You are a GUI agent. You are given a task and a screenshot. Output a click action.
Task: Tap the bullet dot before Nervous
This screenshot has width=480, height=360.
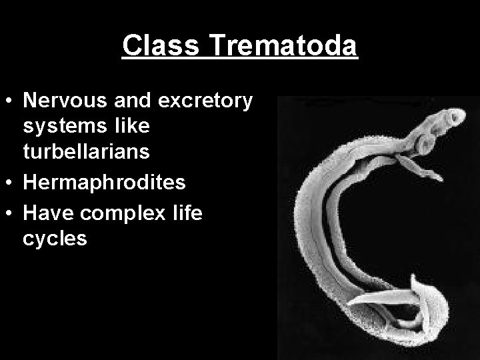coord(11,101)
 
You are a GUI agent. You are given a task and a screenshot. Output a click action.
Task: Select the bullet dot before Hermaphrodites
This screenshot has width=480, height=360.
coord(11,181)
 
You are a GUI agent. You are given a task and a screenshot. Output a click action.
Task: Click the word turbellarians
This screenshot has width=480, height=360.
coord(87,151)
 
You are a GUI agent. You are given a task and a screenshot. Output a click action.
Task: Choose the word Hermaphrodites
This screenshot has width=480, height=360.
coord(104,182)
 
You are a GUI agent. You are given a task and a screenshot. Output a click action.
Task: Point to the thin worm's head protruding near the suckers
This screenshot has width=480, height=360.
coord(431,177)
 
